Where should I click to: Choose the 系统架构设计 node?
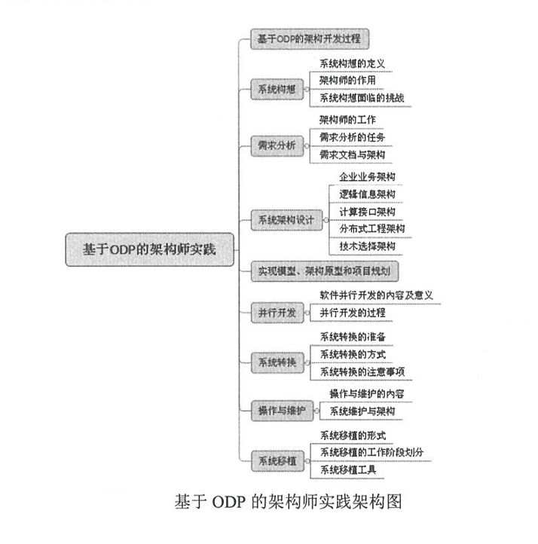point(286,220)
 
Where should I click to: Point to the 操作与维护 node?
point(282,410)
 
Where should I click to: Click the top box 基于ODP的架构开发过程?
point(310,39)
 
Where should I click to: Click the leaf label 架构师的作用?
point(347,80)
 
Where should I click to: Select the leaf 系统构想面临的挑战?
point(363,97)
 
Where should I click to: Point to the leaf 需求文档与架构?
point(353,154)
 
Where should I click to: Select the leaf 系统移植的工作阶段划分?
point(372,452)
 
